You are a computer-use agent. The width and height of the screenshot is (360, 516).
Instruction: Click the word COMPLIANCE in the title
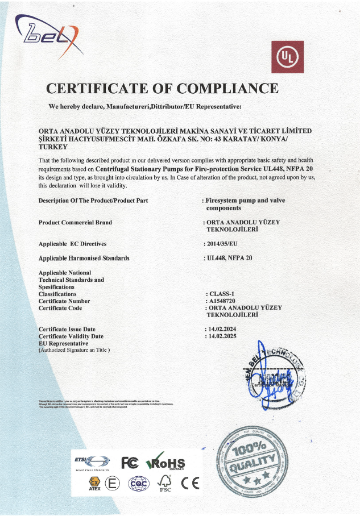click(227, 89)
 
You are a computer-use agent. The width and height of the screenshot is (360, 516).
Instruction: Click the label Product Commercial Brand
click(75, 222)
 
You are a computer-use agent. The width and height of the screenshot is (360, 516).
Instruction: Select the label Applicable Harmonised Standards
click(84, 258)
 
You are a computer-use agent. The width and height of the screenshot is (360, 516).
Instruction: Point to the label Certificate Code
click(60, 308)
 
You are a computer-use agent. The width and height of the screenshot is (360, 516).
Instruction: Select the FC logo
click(129, 463)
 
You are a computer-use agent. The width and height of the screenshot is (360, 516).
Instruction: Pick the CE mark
click(191, 484)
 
